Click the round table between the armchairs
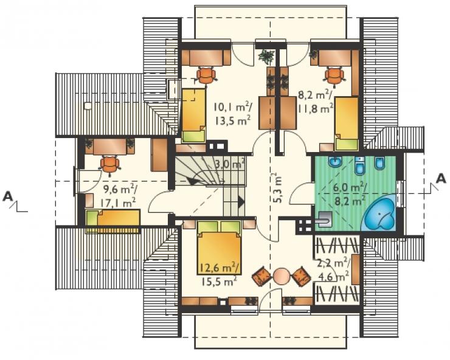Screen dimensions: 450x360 [x=282, y=276]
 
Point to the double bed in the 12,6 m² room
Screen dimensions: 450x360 [x=219, y=247]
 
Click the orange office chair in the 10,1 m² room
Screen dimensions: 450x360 [x=206, y=75]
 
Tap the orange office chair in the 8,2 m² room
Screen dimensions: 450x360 [x=334, y=76]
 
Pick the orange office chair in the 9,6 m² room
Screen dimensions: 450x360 [x=109, y=165]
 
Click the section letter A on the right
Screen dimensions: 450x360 [x=440, y=179]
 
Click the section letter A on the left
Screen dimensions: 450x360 [x=8, y=196]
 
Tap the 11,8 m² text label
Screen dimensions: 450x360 [x=315, y=109]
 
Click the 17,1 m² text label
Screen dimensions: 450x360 [x=117, y=203]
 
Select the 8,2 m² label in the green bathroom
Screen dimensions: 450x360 [x=350, y=200]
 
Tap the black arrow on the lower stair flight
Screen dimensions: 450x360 [x=241, y=202]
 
